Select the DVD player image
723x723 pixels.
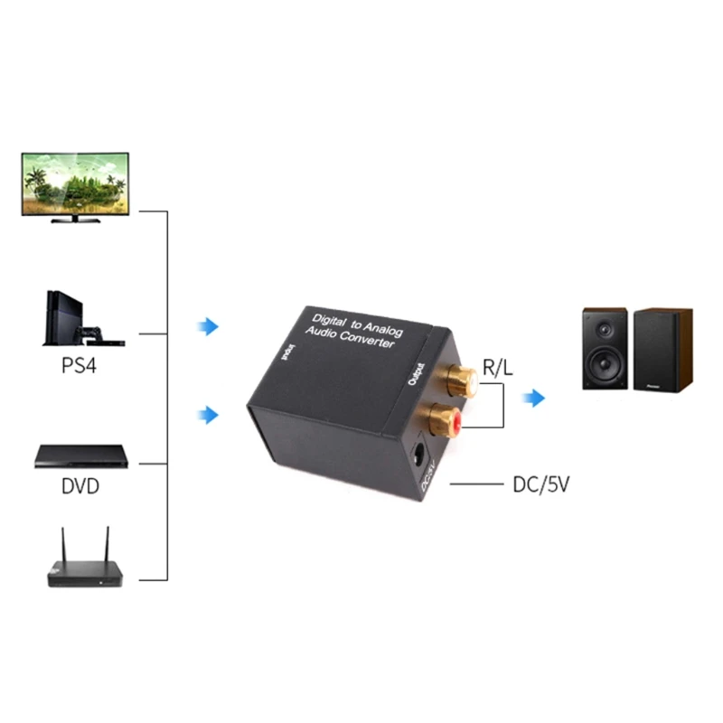(x=80, y=456)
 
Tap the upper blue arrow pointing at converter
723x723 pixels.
(x=209, y=326)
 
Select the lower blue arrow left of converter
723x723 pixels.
(x=209, y=415)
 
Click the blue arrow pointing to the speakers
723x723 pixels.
(x=537, y=399)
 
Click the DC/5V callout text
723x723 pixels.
(x=540, y=485)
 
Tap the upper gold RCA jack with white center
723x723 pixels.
(x=460, y=377)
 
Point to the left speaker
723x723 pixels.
(x=605, y=350)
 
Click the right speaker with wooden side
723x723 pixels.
(x=662, y=350)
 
